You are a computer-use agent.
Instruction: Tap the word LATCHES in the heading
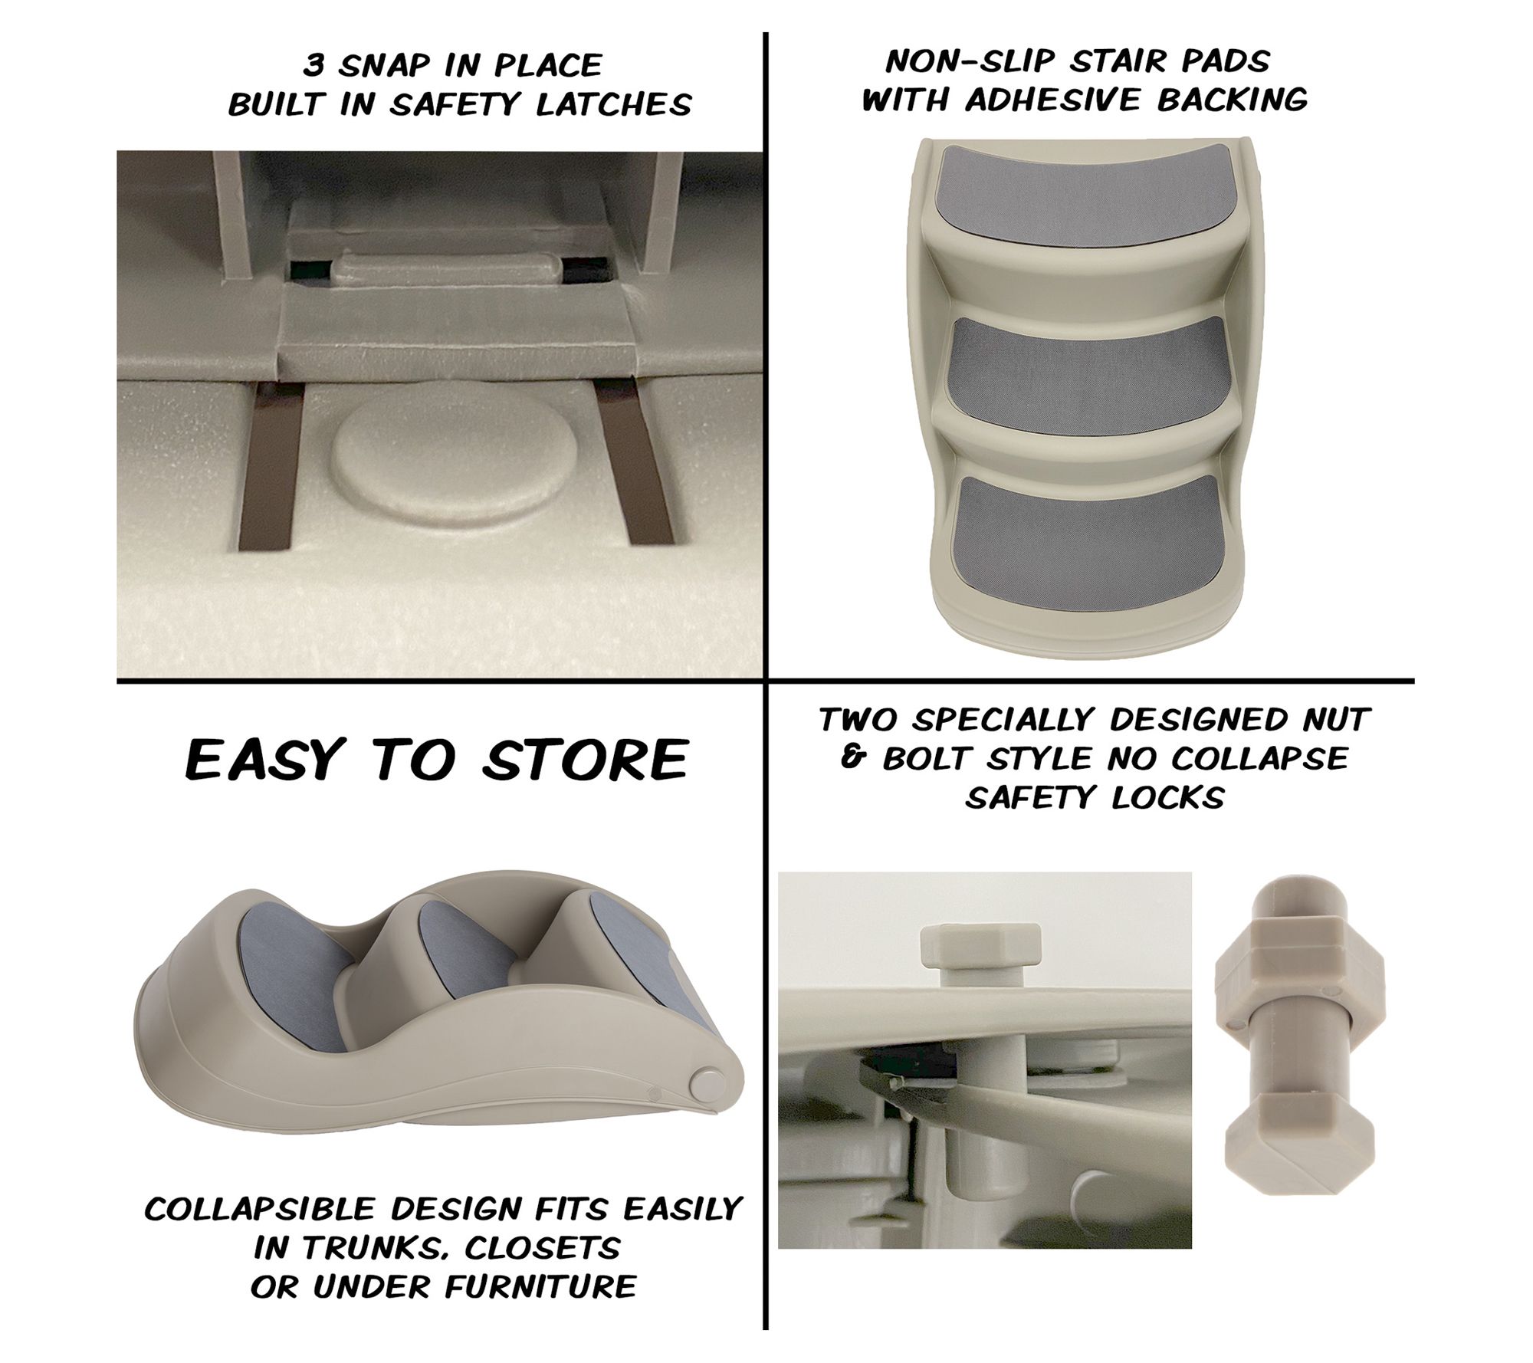(613, 105)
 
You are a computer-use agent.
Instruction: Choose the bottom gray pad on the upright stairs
(1082, 534)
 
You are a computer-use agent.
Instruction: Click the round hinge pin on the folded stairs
(705, 1084)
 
